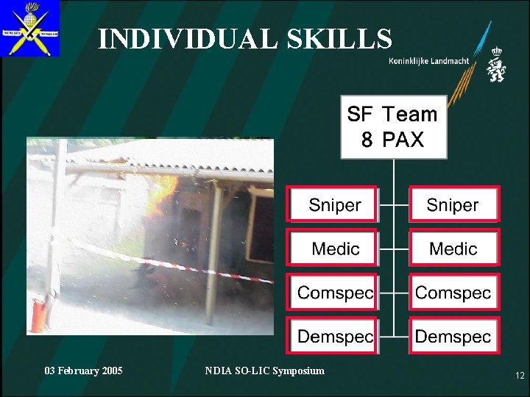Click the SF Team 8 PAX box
393,126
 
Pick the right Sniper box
453,204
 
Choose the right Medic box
453,248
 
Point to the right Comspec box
453,292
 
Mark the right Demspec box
453,336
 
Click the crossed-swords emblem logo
29,29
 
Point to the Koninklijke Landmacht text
428,61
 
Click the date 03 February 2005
84,371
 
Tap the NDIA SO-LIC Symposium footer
264,371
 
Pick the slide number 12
520,376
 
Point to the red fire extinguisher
38,312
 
